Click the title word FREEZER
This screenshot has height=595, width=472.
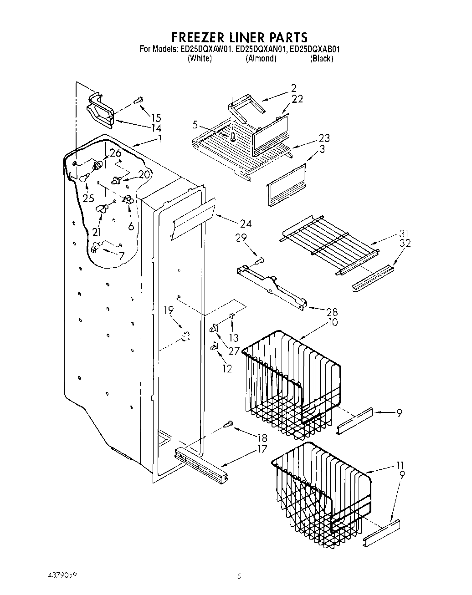tap(197, 37)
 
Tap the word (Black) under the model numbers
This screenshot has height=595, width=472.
tap(322, 59)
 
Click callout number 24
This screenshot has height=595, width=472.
tap(245, 224)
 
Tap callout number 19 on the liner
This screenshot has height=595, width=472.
tap(169, 310)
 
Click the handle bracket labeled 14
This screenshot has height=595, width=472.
tap(100, 110)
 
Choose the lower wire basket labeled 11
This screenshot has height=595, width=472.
tap(321, 492)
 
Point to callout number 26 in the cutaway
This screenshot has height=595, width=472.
tap(115, 153)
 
